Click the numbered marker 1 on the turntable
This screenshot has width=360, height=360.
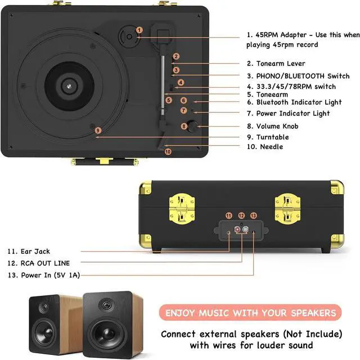coord(139,30)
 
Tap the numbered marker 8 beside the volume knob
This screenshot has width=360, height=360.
coord(184,127)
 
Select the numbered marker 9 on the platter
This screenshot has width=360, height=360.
coord(97,130)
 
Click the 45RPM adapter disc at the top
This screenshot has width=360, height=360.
coord(129,37)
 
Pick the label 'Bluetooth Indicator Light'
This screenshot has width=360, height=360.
coord(299,102)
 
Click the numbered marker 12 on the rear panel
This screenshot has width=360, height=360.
coord(241,215)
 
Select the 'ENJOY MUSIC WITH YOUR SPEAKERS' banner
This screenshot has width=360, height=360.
coord(250,313)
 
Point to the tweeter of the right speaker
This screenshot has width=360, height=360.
coord(106,307)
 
